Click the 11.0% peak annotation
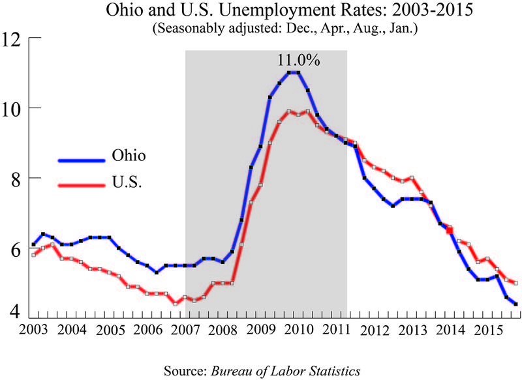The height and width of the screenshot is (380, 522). pyautogui.click(x=298, y=61)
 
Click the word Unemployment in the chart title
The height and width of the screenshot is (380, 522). pyautogui.click(x=249, y=12)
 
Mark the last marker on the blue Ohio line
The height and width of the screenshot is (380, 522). pyautogui.click(x=516, y=304)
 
